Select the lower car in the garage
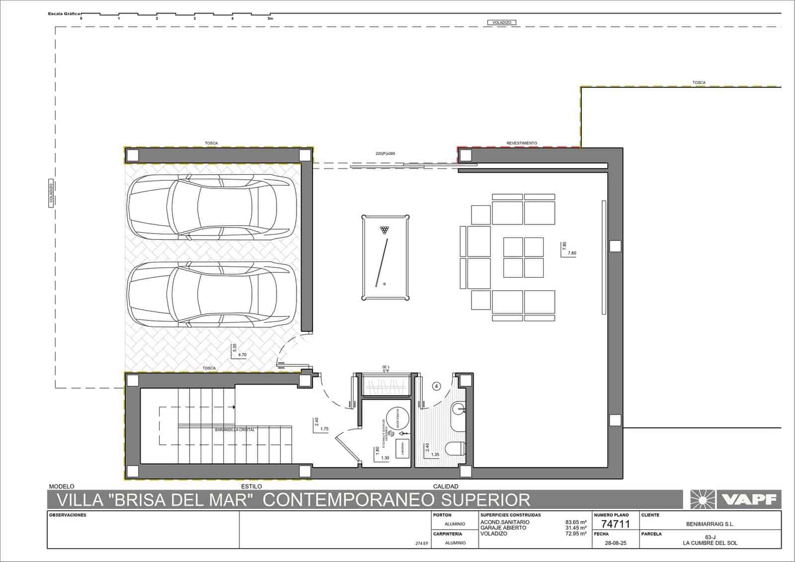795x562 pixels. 211,294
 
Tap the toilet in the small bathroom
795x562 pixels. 455,449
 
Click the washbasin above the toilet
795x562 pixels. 458,409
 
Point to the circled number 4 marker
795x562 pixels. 436,386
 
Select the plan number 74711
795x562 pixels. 615,524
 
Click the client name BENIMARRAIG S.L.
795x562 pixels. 710,524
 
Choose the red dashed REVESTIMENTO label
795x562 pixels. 522,143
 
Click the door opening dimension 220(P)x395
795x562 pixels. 385,154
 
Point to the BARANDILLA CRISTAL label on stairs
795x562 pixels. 235,430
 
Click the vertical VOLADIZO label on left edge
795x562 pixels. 51,194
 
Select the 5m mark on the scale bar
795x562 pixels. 270,18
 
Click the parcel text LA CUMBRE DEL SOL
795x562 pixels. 710,543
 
